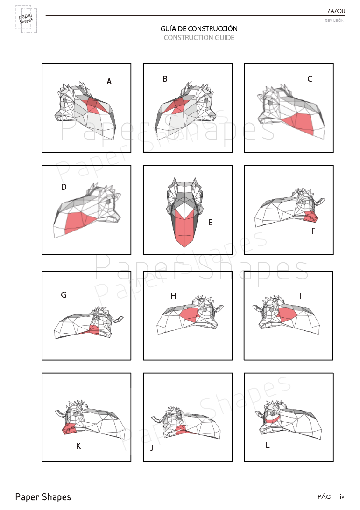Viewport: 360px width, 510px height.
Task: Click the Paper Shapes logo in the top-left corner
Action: pos(26,19)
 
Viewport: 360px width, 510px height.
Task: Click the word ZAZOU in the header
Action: pos(336,11)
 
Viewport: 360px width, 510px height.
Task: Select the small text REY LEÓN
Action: pos(334,21)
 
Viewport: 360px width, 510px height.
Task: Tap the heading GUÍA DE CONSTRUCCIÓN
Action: pos(199,28)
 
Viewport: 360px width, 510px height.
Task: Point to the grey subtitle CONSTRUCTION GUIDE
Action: pos(199,38)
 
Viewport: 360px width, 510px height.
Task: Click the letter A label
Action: pos(109,82)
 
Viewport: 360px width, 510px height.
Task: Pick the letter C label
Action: pos(310,79)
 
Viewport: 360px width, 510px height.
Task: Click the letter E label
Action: pos(210,223)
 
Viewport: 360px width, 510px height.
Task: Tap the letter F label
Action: pos(313,231)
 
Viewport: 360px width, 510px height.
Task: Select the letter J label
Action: pos(151,448)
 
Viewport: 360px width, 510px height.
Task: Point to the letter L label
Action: pos(268,445)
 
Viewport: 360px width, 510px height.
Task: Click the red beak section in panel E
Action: pos(184,229)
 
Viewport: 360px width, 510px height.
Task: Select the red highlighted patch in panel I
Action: pos(286,314)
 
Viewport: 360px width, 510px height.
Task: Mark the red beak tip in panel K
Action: pos(69,429)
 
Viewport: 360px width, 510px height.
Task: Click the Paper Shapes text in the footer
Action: pos(43,497)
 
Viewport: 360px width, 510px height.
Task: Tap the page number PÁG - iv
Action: pos(331,496)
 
